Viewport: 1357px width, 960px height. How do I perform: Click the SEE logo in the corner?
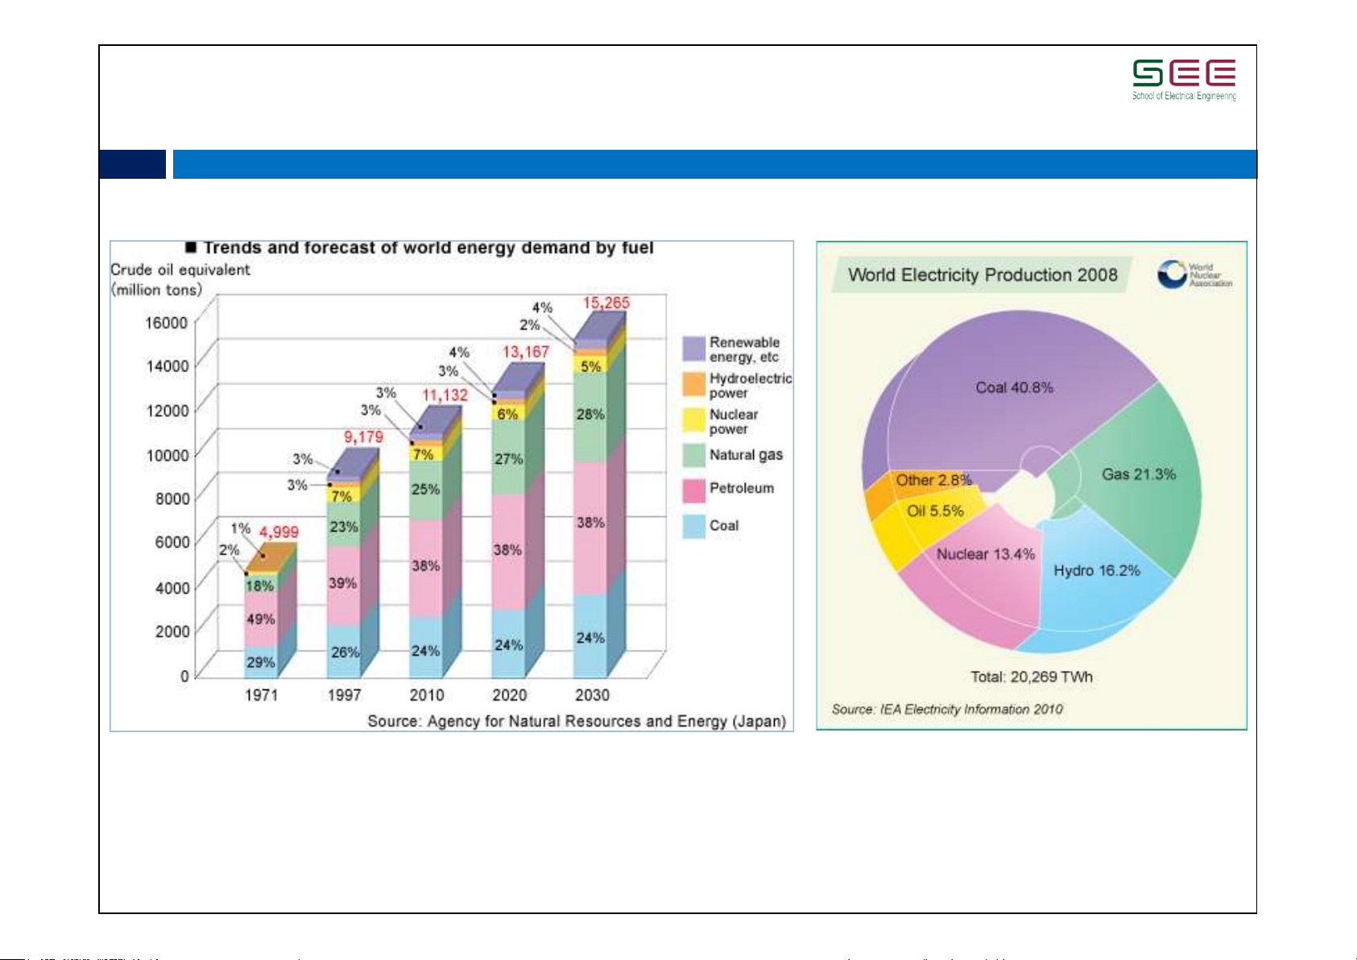(x=1184, y=79)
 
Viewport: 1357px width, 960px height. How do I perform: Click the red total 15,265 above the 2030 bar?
(x=606, y=303)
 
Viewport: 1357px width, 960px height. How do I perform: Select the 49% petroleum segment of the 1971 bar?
(x=260, y=619)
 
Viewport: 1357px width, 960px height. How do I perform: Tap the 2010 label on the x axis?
(x=426, y=694)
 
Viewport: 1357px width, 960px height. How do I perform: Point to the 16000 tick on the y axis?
(x=166, y=322)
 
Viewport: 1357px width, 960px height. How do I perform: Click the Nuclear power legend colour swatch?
(x=693, y=420)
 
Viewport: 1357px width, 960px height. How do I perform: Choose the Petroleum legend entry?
(x=741, y=488)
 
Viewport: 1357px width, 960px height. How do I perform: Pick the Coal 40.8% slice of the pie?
(x=1014, y=387)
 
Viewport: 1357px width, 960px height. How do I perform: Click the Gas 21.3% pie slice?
(x=1138, y=474)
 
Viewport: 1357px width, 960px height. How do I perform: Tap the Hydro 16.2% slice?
(x=1096, y=571)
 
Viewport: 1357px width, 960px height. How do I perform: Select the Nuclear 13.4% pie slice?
(x=984, y=554)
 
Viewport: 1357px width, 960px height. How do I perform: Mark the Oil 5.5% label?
(x=934, y=511)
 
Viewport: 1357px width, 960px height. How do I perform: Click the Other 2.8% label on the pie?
(x=933, y=480)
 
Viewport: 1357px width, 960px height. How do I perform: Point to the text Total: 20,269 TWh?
(x=1031, y=677)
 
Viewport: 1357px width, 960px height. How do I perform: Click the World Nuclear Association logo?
(x=1194, y=275)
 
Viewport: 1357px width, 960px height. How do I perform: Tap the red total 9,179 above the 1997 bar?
(x=363, y=437)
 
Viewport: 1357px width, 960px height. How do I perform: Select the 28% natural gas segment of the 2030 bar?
(x=590, y=415)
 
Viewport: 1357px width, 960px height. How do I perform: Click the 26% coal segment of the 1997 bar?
(x=345, y=652)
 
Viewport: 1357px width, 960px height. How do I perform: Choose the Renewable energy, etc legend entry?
(x=743, y=350)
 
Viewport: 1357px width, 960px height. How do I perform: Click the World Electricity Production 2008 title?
(x=982, y=275)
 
